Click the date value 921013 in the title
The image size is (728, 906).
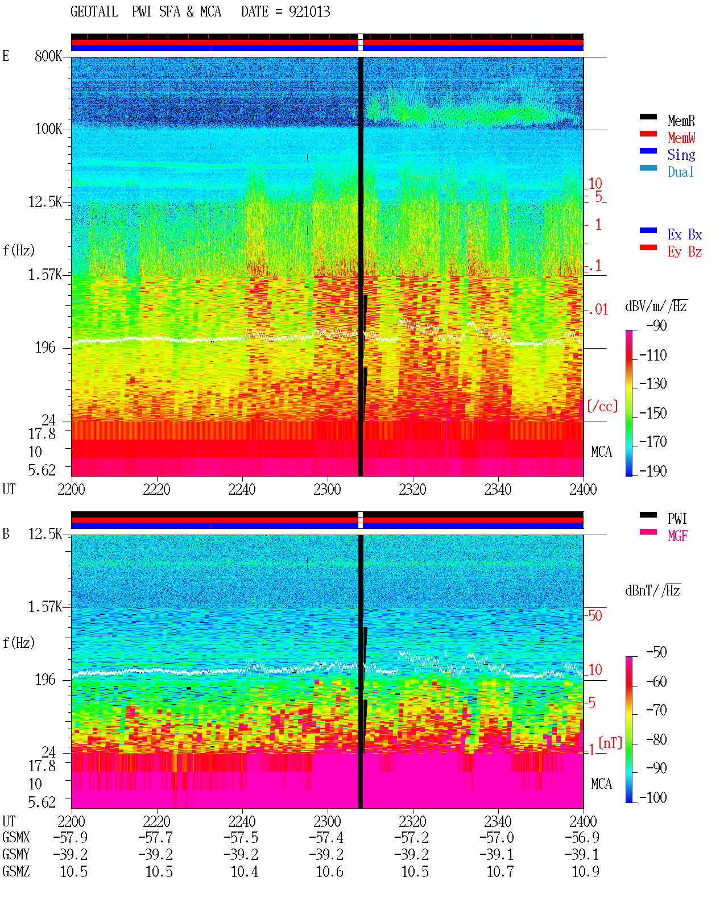pyautogui.click(x=309, y=12)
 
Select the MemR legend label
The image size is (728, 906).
pyautogui.click(x=681, y=121)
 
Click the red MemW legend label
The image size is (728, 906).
pyautogui.click(x=681, y=138)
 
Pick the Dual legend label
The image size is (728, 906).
pyautogui.click(x=681, y=172)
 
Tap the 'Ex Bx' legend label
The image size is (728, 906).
pyautogui.click(x=685, y=234)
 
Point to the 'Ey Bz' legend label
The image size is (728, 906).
pyautogui.click(x=685, y=252)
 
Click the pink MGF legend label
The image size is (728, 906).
pyautogui.click(x=678, y=536)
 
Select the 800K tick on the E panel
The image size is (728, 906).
pyautogui.click(x=48, y=56)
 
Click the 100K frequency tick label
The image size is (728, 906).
pyautogui.click(x=48, y=129)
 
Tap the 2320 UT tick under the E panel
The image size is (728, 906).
pyautogui.click(x=413, y=489)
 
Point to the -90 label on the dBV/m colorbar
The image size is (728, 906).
pyautogui.click(x=656, y=325)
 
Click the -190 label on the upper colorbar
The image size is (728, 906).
pyautogui.click(x=653, y=471)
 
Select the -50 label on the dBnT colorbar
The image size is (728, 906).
pyautogui.click(x=656, y=652)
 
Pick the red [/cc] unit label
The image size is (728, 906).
pyautogui.click(x=602, y=406)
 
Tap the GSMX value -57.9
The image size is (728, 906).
pyautogui.click(x=71, y=837)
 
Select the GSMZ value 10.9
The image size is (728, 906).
pyautogui.click(x=585, y=871)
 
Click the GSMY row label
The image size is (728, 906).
pyautogui.click(x=16, y=854)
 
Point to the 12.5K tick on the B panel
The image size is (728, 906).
pyautogui.click(x=45, y=534)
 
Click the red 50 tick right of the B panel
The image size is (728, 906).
pyautogui.click(x=595, y=616)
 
